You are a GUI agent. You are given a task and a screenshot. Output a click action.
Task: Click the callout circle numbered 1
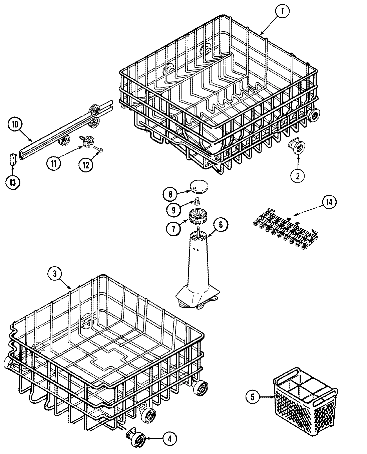click(x=282, y=12)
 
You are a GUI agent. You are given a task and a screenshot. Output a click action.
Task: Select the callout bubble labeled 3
click(x=55, y=274)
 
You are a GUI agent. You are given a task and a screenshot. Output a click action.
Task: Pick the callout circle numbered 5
click(x=253, y=397)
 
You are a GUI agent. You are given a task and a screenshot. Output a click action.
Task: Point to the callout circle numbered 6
click(x=221, y=225)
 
